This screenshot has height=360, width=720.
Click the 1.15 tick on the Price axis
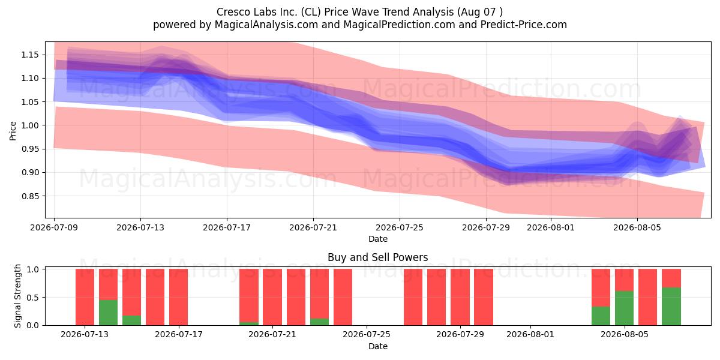pyautogui.click(x=30, y=55)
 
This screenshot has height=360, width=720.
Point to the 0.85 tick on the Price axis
pyautogui.click(x=30, y=196)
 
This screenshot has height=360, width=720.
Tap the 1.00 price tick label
pyautogui.click(x=30, y=125)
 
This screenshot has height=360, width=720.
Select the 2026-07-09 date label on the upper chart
pyautogui.click(x=54, y=227)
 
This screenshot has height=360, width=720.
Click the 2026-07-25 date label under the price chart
pyautogui.click(x=400, y=227)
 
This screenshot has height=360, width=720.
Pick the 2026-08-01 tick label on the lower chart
pyautogui.click(x=530, y=335)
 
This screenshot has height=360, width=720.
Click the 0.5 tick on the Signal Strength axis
pyautogui.click(x=33, y=298)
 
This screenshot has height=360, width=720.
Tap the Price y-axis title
pyautogui.click(x=13, y=131)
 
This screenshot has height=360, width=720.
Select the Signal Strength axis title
pyautogui.click(x=17, y=296)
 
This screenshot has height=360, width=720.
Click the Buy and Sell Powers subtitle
pyautogui.click(x=377, y=257)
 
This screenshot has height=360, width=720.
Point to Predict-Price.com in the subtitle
pyautogui.click(x=524, y=25)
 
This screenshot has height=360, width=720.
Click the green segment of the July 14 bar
pyautogui.click(x=109, y=313)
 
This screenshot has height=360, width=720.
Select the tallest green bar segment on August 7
pyautogui.click(x=671, y=307)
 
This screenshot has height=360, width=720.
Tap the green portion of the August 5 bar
pyautogui.click(x=624, y=308)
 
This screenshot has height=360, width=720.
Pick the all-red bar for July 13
pyautogui.click(x=85, y=297)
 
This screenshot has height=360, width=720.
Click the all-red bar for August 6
pyautogui.click(x=647, y=297)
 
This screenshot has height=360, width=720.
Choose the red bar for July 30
pyautogui.click(x=484, y=297)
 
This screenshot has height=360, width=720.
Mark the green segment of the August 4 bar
pyautogui.click(x=601, y=316)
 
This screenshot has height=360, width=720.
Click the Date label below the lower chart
pyautogui.click(x=377, y=346)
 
